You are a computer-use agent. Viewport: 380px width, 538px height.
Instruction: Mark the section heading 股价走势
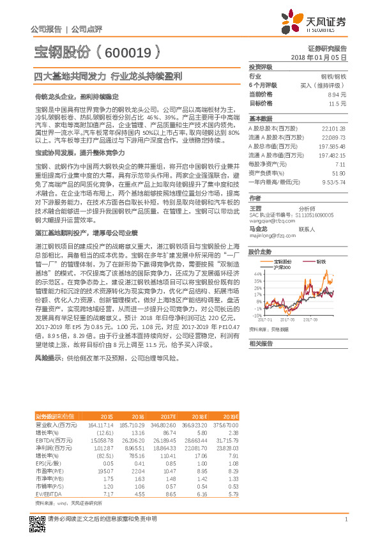(x=260, y=252)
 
